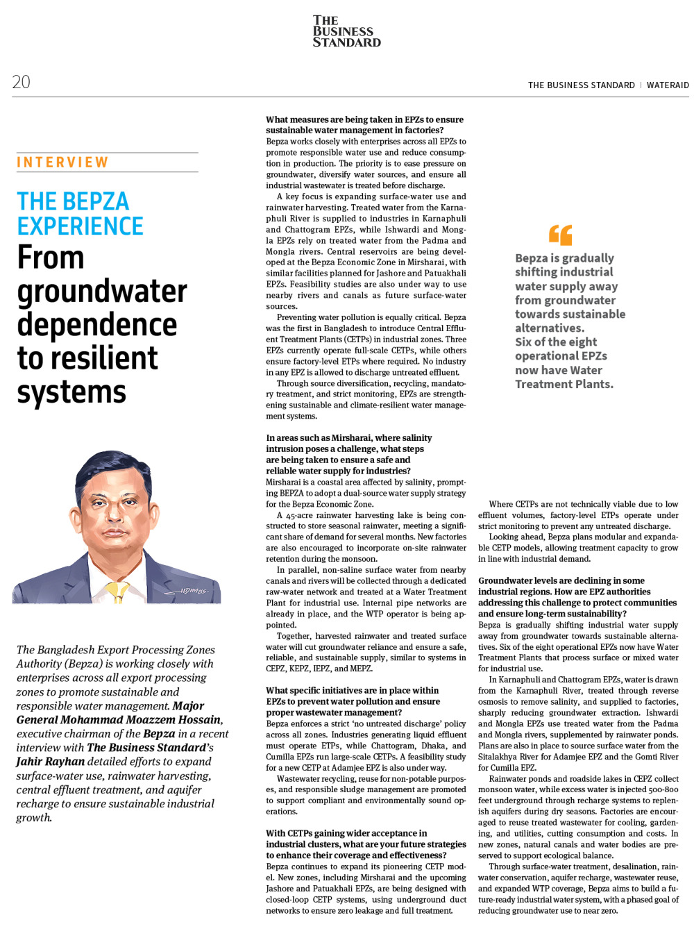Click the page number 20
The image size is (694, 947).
click(x=21, y=82)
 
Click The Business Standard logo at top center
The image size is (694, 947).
click(x=346, y=32)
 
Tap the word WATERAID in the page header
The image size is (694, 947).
click(x=668, y=85)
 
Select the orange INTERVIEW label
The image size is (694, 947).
click(x=62, y=162)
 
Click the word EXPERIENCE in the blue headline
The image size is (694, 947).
click(x=80, y=226)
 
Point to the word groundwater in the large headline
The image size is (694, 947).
click(x=102, y=292)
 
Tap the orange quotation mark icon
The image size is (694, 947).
click(x=560, y=234)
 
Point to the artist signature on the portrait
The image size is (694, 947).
click(x=194, y=591)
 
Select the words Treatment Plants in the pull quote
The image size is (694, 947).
click(x=563, y=384)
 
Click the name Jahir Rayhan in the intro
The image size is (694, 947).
click(x=49, y=762)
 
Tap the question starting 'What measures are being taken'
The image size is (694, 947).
click(x=364, y=125)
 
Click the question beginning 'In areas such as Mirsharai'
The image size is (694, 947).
click(x=348, y=454)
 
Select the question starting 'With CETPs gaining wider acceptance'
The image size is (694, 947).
click(x=366, y=844)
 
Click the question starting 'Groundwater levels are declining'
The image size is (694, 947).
click(x=577, y=597)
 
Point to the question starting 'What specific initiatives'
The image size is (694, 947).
click(x=353, y=701)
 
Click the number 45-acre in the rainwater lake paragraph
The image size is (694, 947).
click(x=300, y=515)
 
